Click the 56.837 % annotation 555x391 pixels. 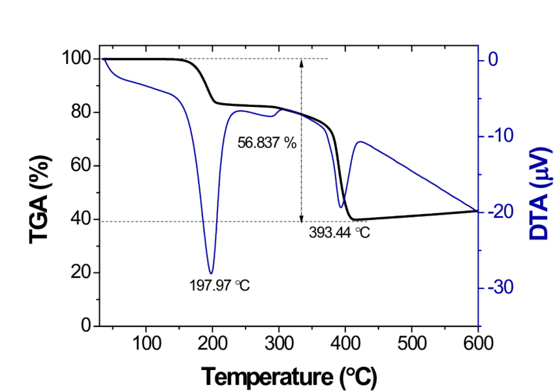(267, 143)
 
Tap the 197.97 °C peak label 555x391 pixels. (219, 285)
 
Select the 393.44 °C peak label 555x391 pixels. (340, 232)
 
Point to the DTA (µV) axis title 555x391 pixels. (537, 193)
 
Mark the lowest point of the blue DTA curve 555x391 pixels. (211, 274)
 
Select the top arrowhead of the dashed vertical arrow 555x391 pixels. (301, 62)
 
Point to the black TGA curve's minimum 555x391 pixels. (353, 220)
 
